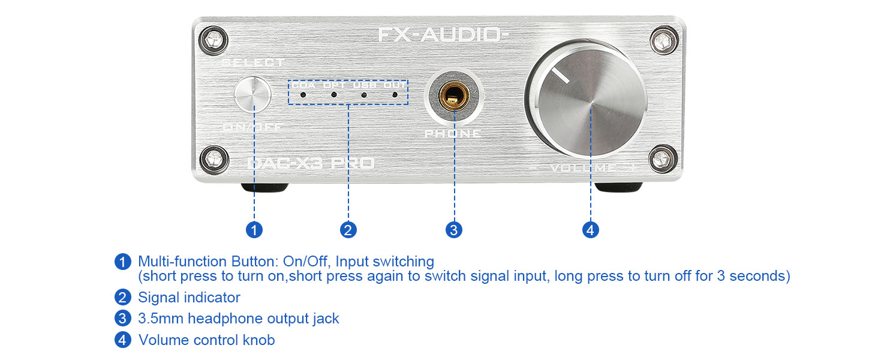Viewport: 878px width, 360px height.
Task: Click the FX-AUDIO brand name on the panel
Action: coord(443,35)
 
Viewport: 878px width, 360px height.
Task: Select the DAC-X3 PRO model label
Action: coord(311,163)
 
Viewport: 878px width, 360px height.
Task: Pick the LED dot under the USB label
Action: coord(364,95)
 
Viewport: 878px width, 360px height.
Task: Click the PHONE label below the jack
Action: coord(453,133)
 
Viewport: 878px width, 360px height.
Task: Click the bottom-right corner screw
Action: coord(663,159)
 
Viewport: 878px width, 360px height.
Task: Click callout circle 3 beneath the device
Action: coord(454,230)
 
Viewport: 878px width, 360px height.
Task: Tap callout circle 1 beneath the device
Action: coord(254,230)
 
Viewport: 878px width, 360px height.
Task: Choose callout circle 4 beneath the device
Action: coord(591,230)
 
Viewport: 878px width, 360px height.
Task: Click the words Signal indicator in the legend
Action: coord(189,298)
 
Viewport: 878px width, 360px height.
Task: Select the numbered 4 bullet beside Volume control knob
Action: coord(122,340)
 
